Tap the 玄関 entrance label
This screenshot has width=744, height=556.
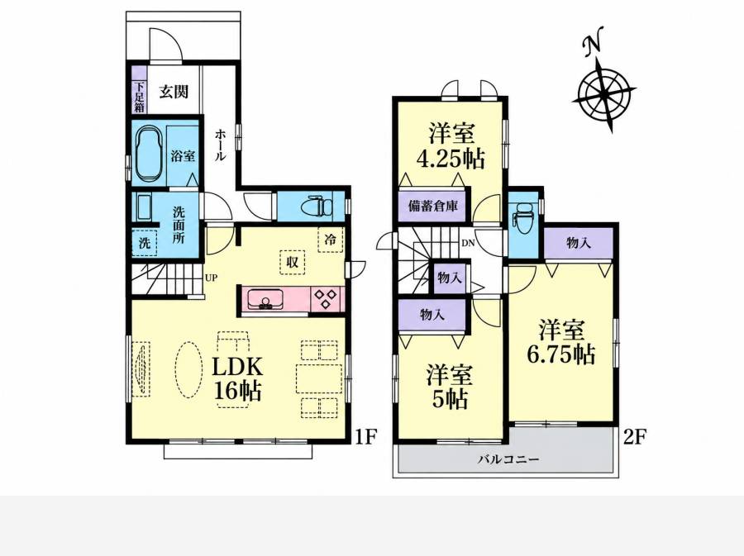tap(174, 92)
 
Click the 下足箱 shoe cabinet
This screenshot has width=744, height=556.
tap(139, 89)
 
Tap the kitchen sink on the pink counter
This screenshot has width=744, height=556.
tap(265, 300)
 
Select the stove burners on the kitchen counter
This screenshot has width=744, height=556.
tap(327, 299)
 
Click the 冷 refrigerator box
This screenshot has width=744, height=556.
tap(330, 240)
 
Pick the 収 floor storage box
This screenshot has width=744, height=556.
tap(293, 261)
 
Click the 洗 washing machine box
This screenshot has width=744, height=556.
tap(144, 243)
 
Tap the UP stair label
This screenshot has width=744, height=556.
tap(211, 278)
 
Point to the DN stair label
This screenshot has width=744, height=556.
tap(469, 243)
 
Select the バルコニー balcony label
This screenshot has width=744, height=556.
tap(508, 459)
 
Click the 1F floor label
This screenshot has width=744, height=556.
tap(366, 436)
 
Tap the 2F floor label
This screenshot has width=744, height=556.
tap(635, 436)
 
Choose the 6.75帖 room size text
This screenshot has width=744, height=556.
tap(560, 354)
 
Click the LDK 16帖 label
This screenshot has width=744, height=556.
tap(237, 378)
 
